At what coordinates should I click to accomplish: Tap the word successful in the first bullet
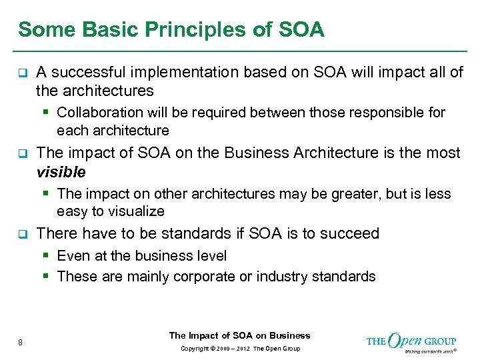84,71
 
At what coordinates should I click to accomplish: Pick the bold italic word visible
61,172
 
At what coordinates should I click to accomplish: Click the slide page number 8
21,343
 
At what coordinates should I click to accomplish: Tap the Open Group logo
411,341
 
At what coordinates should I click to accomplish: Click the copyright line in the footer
239,349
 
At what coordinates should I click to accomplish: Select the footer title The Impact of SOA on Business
239,335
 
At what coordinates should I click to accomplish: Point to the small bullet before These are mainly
49,276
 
